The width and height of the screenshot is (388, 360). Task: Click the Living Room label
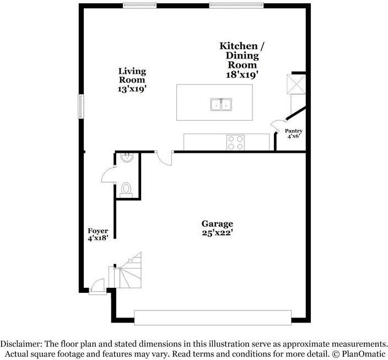[x=132, y=75]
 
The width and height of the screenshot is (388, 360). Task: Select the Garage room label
[x=217, y=224]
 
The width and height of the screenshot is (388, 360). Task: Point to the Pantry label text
[x=293, y=131]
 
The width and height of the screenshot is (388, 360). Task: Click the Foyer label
[x=98, y=231]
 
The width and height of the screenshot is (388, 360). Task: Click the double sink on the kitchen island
[x=221, y=104]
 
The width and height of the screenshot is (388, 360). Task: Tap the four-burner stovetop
[x=236, y=142]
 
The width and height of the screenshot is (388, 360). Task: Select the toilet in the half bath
[x=127, y=189]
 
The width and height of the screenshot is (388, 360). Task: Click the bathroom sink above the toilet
[x=126, y=158]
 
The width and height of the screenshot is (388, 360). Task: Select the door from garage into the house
[x=164, y=158]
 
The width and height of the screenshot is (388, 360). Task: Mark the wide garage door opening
[x=213, y=318]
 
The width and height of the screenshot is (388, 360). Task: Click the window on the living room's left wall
[x=80, y=106]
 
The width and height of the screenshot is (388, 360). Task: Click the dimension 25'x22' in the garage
[x=217, y=233]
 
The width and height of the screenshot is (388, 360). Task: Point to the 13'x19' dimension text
[x=132, y=88]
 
